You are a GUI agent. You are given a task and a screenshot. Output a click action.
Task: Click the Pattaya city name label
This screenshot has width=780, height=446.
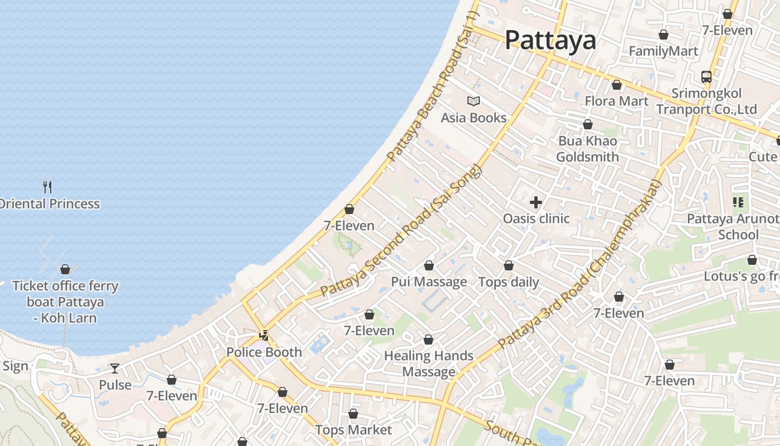550,40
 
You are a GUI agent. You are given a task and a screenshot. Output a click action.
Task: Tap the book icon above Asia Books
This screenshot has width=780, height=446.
474,101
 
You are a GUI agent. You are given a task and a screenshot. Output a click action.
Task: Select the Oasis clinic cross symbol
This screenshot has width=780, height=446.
536,202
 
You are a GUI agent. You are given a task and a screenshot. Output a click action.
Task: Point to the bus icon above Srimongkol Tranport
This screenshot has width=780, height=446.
706,77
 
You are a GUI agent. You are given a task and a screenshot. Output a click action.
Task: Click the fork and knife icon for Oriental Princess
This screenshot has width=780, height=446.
48,187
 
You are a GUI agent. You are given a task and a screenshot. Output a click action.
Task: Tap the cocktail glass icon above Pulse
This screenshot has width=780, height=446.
115,369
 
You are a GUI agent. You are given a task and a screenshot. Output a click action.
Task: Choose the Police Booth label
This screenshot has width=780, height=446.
264,352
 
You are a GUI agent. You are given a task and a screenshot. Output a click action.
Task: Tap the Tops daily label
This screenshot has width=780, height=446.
509,282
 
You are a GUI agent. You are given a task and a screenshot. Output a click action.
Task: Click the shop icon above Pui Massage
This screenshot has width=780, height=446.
429,265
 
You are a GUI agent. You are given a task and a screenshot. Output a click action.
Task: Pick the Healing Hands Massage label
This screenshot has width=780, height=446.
429,363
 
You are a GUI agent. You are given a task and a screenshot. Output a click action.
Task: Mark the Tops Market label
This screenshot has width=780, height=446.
354,430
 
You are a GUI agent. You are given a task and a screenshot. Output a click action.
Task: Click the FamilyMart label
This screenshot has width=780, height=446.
663,51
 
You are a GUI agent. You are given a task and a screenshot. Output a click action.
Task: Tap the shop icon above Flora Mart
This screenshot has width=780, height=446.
617,85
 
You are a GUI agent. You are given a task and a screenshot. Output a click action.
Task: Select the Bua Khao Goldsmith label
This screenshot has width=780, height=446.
588,149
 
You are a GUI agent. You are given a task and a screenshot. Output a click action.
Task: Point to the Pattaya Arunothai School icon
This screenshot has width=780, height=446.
739,202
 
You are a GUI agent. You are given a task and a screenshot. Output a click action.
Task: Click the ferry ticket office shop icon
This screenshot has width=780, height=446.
65,269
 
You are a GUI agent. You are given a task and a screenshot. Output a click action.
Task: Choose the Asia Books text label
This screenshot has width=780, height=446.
474,118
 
